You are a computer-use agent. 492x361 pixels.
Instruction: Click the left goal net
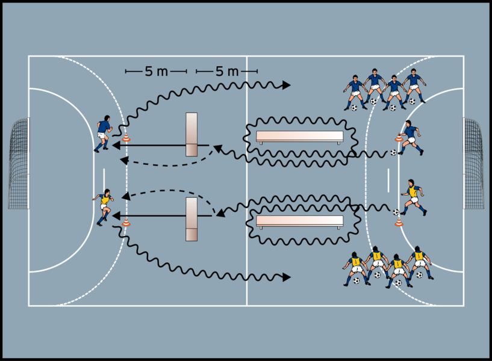[x=18, y=163]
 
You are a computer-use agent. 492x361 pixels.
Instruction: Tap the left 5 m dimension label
[x=156, y=72]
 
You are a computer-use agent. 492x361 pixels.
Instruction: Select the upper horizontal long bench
[x=299, y=137]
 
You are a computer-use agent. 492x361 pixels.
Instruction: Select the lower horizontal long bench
[x=299, y=221]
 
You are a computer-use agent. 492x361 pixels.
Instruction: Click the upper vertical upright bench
[x=192, y=134]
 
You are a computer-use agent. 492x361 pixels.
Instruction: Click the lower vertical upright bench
[x=192, y=220]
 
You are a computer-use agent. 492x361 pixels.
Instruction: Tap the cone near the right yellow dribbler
[x=398, y=222]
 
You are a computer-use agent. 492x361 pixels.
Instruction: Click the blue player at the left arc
[x=103, y=133]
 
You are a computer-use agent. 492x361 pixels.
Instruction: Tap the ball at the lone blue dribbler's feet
[x=393, y=153]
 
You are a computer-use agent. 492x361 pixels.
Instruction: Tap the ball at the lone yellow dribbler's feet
[x=396, y=212]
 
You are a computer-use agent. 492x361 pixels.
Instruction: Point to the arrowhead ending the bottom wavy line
[x=287, y=277]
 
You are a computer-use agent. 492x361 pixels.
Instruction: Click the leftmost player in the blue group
[x=355, y=91]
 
